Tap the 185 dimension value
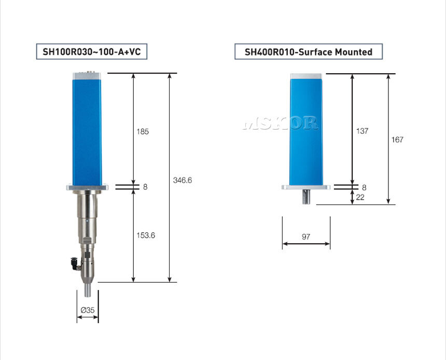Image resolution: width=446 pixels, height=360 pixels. (x=143, y=131)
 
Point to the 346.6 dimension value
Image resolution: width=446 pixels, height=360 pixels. (x=183, y=180)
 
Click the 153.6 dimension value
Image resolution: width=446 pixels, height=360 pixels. (x=146, y=236)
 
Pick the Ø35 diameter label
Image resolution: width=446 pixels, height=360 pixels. (x=88, y=310)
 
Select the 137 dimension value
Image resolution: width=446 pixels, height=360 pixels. (x=362, y=131)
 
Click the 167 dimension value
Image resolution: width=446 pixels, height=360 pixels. (x=397, y=140)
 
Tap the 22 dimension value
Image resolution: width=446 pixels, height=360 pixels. (x=360, y=197)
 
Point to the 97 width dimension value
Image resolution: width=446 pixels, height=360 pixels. (x=306, y=237)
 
